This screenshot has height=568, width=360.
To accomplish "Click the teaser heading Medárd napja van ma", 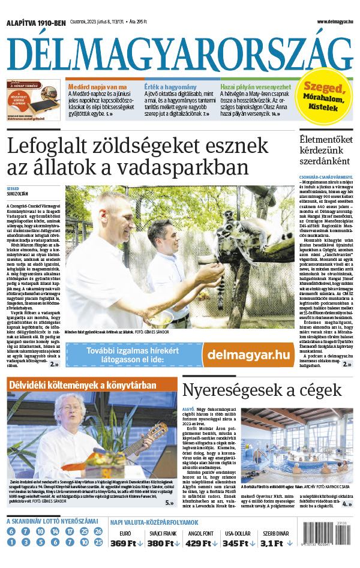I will coord(98,86).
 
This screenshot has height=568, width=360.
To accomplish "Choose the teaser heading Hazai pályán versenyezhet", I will coord(256,86).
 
